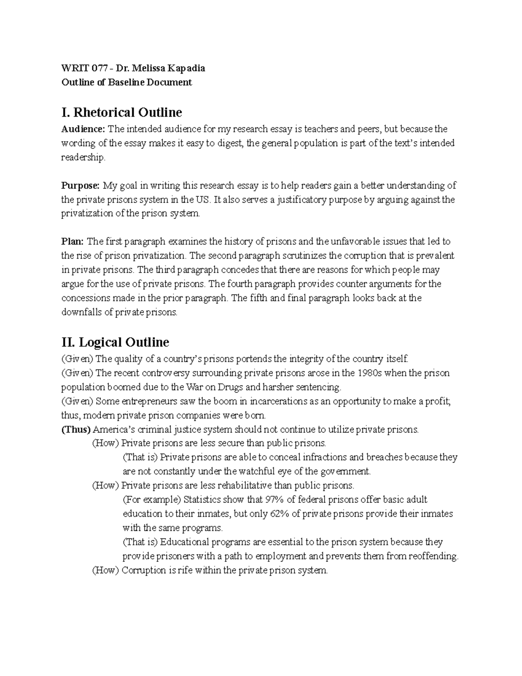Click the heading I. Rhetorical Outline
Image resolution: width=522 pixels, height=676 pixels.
(122, 112)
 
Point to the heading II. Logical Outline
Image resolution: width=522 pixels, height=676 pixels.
(115, 342)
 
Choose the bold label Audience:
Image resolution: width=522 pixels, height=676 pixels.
(83, 129)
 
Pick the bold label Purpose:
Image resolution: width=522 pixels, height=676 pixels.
(80, 186)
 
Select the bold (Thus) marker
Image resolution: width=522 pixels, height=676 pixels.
(76, 430)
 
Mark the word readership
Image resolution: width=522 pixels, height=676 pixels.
(83, 158)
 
